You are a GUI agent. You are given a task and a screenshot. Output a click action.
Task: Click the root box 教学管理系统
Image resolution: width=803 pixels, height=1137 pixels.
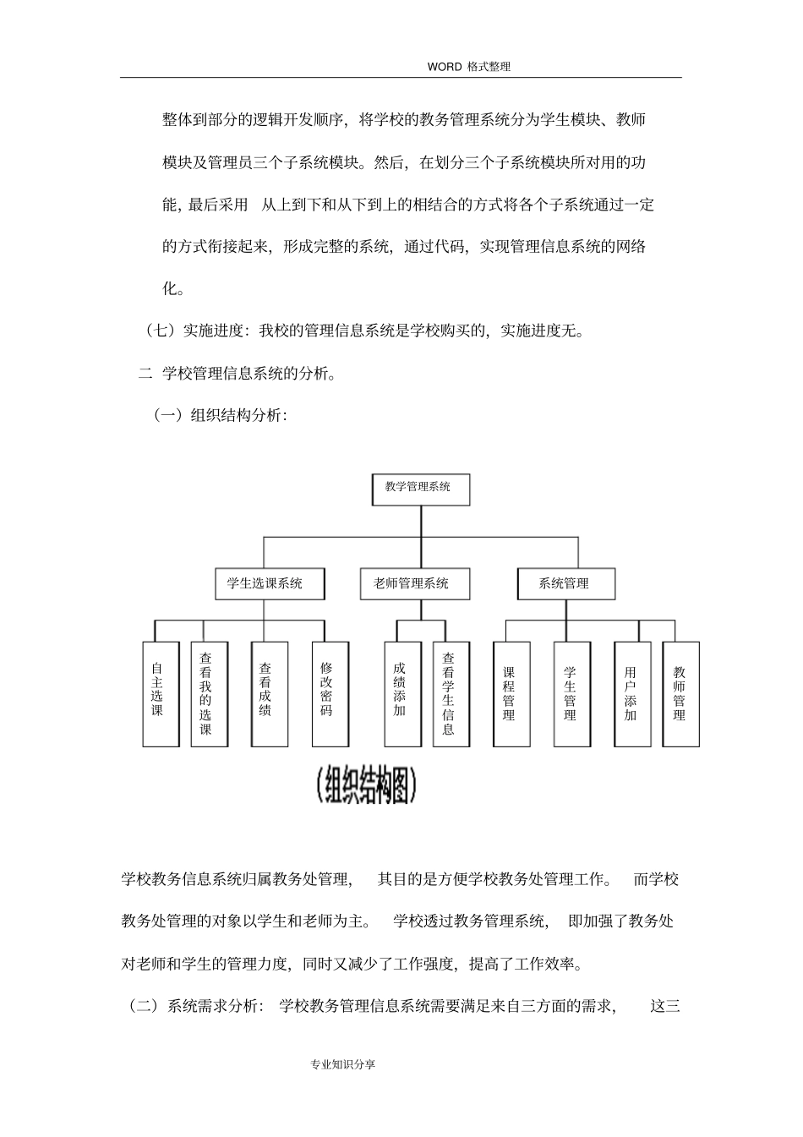point(421,489)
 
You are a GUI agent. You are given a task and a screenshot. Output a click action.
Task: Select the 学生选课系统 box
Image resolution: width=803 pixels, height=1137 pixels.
point(265,583)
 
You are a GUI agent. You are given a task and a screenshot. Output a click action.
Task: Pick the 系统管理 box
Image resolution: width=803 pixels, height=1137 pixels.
point(565,583)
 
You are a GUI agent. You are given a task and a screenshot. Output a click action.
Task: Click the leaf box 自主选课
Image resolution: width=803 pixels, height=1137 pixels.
point(161,694)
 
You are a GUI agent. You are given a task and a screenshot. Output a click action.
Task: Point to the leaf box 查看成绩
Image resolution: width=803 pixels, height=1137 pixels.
point(269,694)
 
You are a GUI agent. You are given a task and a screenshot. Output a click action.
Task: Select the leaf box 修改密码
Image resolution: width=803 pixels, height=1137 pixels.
point(330,694)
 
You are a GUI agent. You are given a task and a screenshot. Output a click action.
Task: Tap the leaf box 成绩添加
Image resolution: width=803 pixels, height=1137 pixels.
point(402,694)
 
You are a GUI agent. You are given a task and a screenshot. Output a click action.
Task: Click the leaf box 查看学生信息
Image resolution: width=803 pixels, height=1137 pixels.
point(451,694)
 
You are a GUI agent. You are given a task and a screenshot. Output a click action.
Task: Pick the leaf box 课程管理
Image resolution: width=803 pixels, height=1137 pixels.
point(511,694)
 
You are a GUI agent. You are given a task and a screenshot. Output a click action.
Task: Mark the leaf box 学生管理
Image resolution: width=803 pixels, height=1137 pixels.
point(572,694)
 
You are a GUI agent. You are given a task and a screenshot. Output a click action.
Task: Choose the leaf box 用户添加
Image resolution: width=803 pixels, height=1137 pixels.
point(632,694)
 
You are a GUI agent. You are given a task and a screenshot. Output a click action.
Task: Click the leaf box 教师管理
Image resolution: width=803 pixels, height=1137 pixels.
point(680,694)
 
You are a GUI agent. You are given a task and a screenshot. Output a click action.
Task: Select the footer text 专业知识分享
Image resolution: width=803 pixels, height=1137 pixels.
point(343,1064)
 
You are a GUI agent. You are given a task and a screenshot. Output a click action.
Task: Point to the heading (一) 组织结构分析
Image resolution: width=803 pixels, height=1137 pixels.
point(220,415)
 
